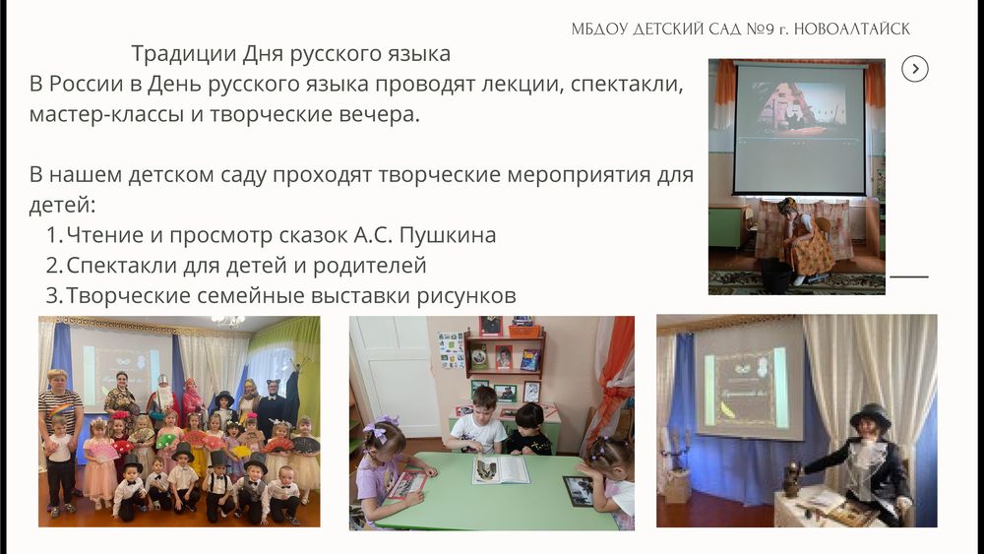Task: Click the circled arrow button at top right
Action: click(915, 69)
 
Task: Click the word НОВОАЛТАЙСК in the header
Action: click(851, 29)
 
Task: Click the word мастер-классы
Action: click(106, 115)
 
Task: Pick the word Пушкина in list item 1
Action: click(448, 235)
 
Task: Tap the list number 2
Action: click(53, 266)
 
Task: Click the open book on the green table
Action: click(500, 469)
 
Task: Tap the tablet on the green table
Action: click(578, 491)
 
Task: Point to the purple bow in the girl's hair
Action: click(378, 428)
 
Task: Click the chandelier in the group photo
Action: click(228, 321)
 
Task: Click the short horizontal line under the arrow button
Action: click(908, 277)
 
